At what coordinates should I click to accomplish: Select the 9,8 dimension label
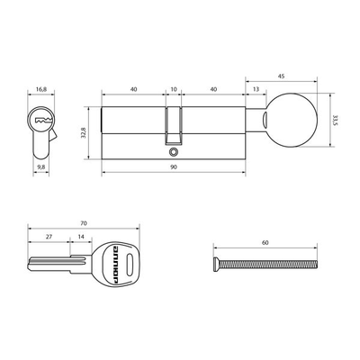pyautogui.click(x=40, y=166)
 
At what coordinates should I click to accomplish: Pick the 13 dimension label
pyautogui.click(x=258, y=90)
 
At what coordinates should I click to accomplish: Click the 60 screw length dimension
pyautogui.click(x=265, y=243)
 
